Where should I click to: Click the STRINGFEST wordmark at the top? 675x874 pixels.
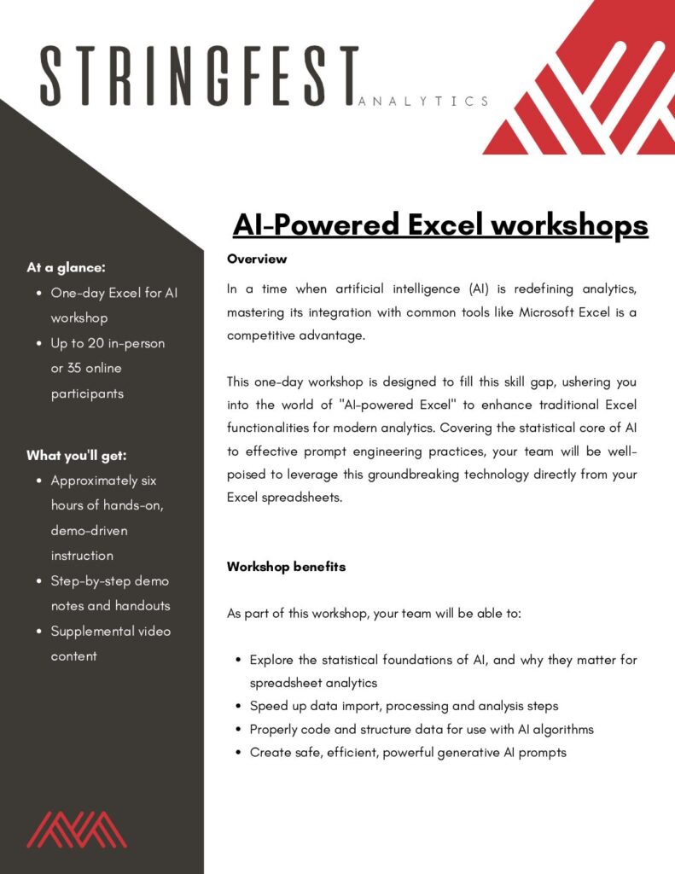[x=200, y=76]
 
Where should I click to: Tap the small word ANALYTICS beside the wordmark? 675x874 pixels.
[x=423, y=102]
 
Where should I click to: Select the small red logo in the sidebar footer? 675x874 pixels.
[x=77, y=830]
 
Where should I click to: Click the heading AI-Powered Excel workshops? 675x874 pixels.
[x=440, y=225]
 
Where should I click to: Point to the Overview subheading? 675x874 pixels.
[x=257, y=259]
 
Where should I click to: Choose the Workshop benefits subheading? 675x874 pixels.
[x=287, y=567]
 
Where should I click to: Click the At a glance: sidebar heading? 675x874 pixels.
[x=66, y=267]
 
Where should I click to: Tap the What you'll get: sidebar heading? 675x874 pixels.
[x=76, y=456]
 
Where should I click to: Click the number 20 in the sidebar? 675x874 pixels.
[x=96, y=343]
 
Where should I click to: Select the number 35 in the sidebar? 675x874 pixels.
[x=74, y=368]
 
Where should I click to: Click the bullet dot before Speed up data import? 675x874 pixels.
[x=239, y=706]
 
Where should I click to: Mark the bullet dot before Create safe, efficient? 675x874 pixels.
[x=239, y=753]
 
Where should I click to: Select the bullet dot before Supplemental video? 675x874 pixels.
[x=39, y=631]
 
